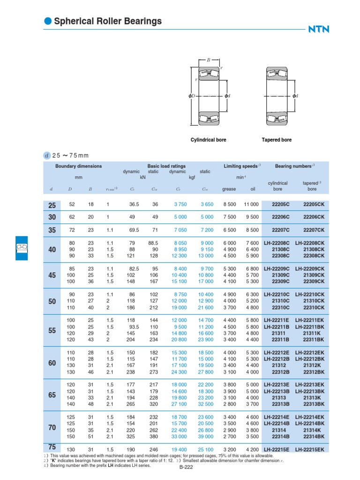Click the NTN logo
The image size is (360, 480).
[319, 29]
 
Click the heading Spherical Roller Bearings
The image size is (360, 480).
[108, 21]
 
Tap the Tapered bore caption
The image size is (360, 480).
[277, 140]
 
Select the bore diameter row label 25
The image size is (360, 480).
[52, 205]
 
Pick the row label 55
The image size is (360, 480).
[52, 330]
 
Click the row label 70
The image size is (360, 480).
[52, 427]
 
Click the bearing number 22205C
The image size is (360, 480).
[281, 204]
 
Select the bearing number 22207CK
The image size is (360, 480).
[312, 230]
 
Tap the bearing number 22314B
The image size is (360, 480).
[281, 437]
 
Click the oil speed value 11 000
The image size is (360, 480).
[250, 204]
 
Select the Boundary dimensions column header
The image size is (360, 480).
[78, 166]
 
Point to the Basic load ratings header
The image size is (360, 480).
[166, 166]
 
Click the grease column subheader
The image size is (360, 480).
[229, 189]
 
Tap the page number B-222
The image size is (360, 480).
[187, 467]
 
